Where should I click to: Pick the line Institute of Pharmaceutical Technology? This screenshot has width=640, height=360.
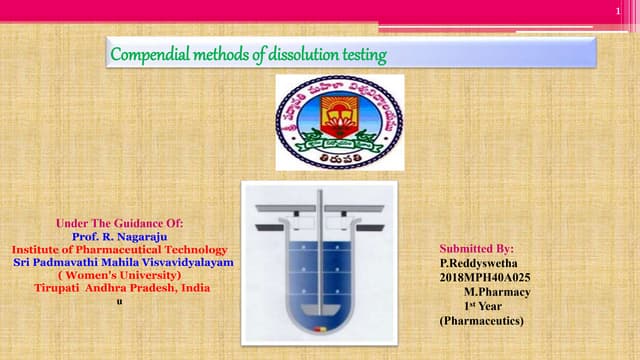(x=119, y=248)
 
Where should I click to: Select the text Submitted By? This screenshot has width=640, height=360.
(x=477, y=247)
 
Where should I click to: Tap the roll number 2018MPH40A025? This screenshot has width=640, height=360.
(x=486, y=276)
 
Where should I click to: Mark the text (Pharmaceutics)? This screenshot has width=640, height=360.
(x=481, y=320)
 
